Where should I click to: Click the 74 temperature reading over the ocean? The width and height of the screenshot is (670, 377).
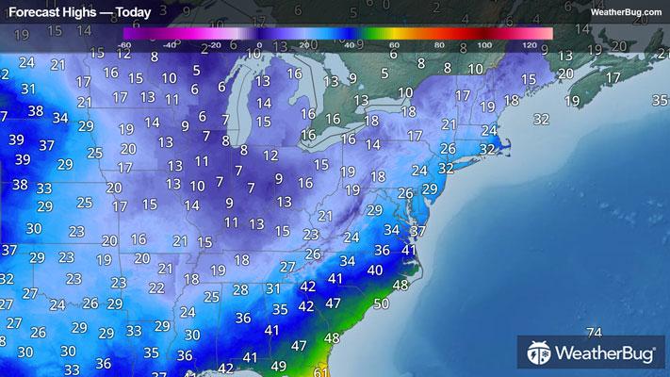[x=593, y=333]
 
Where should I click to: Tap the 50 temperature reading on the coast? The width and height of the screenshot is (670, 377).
[x=380, y=303]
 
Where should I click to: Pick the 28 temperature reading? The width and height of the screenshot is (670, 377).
[x=241, y=289]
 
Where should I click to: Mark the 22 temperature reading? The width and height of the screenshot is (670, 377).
[x=157, y=287]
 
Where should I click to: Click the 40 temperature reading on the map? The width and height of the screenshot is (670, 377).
[x=375, y=270]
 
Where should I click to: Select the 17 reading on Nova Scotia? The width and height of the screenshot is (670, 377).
[x=613, y=77]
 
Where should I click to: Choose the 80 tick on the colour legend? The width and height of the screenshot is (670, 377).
[x=439, y=44]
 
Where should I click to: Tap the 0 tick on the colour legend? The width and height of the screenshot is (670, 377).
[x=259, y=44]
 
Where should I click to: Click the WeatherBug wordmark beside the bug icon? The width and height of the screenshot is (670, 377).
[x=607, y=356]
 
